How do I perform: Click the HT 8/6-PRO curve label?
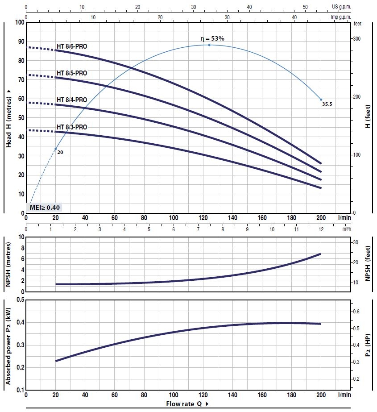tap(72, 46)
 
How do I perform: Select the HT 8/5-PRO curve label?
tap(72, 73)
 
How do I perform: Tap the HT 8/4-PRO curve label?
tap(72, 100)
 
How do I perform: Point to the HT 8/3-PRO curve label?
tap(72, 127)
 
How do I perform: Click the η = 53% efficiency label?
tap(212, 38)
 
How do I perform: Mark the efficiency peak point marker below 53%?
tap(209, 45)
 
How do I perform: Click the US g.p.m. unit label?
tap(342, 7)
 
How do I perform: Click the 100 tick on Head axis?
tap(19, 22)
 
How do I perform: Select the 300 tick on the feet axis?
tap(356, 39)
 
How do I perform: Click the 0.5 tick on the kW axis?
tap(20, 300)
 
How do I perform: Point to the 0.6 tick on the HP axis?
tap(356, 311)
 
